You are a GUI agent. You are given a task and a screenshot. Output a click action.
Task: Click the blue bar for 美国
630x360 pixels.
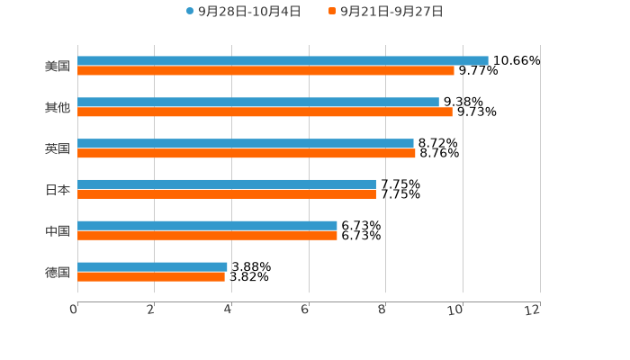(x=283, y=60)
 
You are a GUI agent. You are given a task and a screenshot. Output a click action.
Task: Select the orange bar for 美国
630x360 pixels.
(x=265, y=70)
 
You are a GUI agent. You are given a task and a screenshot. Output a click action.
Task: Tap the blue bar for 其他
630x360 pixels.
(x=258, y=102)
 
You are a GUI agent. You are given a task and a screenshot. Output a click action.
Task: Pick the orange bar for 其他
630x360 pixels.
(x=265, y=112)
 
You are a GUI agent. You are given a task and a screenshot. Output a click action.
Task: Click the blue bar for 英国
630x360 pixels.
(x=246, y=143)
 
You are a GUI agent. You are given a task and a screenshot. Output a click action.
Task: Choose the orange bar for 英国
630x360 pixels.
(x=247, y=153)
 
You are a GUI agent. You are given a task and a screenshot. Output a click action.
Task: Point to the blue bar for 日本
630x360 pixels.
(x=227, y=184)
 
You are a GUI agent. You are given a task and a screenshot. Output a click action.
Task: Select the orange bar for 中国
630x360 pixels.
(x=207, y=235)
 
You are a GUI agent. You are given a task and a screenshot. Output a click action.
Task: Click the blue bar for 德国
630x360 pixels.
(x=152, y=266)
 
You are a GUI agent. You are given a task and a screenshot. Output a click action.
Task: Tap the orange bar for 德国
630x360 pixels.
(x=151, y=276)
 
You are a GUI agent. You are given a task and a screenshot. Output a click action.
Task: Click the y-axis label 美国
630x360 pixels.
(x=58, y=66)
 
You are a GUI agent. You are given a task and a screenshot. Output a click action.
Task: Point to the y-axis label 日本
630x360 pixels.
(x=58, y=189)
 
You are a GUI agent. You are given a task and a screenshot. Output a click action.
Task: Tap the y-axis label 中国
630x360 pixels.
(x=58, y=230)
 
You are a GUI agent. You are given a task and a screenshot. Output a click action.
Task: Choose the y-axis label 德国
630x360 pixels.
(x=58, y=272)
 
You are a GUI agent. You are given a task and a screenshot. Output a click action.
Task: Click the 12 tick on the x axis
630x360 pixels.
(x=533, y=310)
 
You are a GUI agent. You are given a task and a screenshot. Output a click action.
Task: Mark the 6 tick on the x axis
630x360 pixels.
(x=305, y=310)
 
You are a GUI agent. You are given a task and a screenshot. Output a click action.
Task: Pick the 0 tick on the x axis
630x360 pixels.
(x=74, y=310)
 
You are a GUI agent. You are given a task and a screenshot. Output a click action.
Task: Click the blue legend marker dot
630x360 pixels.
(x=190, y=12)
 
